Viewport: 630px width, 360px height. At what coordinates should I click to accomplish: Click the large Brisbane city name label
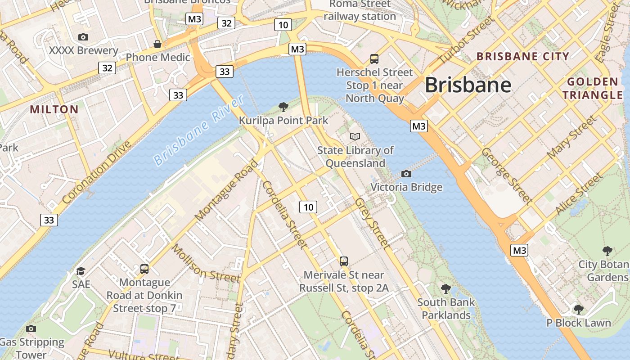click(468, 85)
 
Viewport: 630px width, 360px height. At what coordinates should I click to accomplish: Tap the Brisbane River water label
click(198, 130)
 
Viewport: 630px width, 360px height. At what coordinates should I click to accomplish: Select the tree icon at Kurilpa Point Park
click(283, 107)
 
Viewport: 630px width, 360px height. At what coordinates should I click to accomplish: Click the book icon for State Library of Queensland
click(355, 136)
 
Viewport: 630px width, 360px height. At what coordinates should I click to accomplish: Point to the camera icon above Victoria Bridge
click(406, 174)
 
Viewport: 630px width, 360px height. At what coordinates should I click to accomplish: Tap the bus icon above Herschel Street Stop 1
click(374, 58)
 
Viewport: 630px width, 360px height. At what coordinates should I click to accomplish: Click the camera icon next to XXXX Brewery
click(83, 37)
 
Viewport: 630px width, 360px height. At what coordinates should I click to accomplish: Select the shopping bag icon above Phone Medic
click(157, 44)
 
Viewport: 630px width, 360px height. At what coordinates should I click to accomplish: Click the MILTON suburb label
click(54, 109)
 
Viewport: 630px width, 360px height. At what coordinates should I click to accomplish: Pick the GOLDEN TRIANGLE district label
click(592, 88)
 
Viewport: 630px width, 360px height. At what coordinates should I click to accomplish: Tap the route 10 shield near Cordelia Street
click(308, 207)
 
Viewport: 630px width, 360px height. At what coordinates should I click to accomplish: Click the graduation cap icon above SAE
click(81, 271)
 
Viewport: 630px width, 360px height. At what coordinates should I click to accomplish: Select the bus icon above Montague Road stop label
click(144, 269)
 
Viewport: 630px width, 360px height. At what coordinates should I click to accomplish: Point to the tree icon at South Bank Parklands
click(445, 288)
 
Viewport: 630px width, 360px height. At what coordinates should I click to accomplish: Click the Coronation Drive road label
click(96, 172)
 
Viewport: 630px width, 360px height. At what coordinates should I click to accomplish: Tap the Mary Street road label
click(571, 137)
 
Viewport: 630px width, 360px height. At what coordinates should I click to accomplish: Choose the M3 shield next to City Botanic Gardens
click(519, 250)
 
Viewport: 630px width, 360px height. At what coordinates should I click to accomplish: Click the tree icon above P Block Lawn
click(578, 309)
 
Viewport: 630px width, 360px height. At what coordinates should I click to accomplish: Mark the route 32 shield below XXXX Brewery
click(107, 68)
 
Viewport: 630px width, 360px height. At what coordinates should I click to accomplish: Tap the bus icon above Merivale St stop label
click(343, 261)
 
